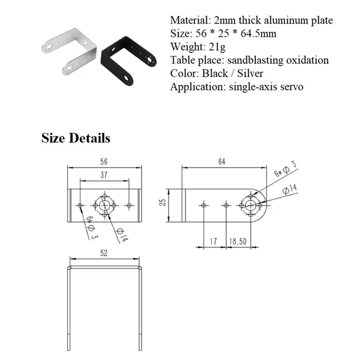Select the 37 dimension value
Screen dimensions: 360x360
point(103,175)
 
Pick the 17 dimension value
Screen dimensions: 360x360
point(214,242)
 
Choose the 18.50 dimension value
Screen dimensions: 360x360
point(238,242)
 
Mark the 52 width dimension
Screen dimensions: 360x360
point(104,253)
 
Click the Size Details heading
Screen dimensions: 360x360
point(76,138)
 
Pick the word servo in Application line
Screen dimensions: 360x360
point(293,86)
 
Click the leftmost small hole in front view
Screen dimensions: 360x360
point(80,205)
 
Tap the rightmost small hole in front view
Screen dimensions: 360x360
point(130,205)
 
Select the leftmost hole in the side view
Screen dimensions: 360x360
point(203,205)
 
